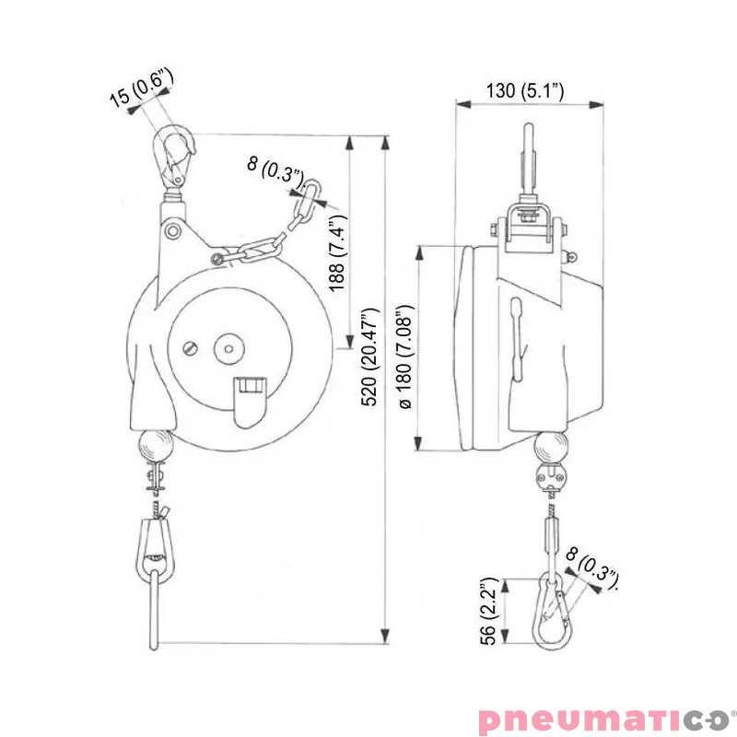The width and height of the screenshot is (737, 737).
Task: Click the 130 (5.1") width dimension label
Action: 524,90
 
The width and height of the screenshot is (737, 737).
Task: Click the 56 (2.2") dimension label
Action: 488,611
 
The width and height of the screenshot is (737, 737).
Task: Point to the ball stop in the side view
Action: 552,450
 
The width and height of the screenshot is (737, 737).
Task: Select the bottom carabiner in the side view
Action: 552,610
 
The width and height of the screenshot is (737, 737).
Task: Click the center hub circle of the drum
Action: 227,349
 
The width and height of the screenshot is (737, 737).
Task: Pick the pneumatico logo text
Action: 603,719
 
